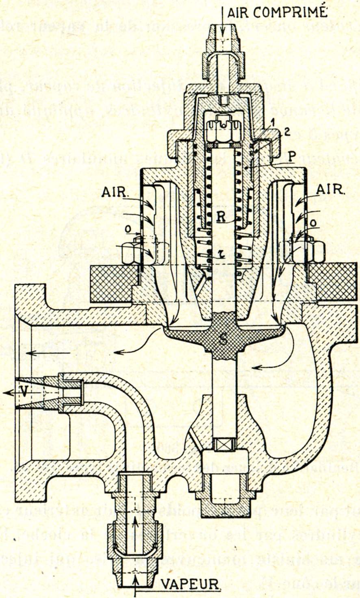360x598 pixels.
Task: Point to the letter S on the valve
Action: pyautogui.click(x=223, y=339)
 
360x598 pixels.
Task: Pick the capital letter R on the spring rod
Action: pyautogui.click(x=220, y=217)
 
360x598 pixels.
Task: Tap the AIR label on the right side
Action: pyautogui.click(x=330, y=189)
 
